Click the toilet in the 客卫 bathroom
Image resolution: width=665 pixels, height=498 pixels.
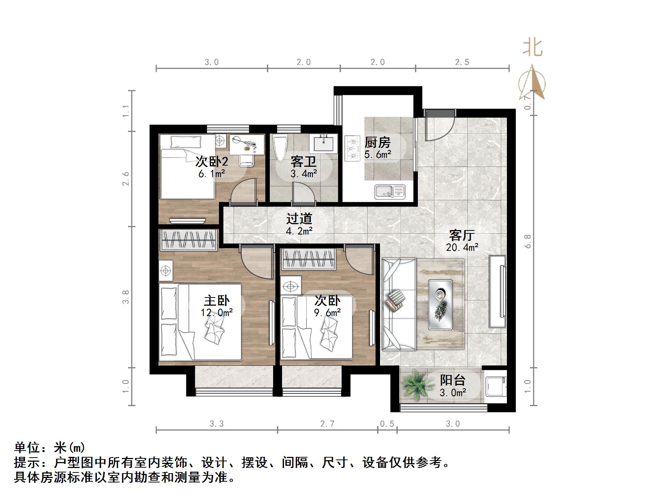(x=279, y=148)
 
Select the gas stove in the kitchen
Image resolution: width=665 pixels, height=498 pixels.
(x=353, y=149)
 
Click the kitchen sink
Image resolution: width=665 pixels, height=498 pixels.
(x=390, y=191)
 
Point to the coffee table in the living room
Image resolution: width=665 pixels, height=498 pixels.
(x=440, y=304)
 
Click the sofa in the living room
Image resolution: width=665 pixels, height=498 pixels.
(x=399, y=304)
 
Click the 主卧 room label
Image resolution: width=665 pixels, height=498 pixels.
(x=217, y=301)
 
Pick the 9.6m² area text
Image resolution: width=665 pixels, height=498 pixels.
(x=327, y=313)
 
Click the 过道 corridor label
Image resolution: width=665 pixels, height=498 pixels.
(x=299, y=219)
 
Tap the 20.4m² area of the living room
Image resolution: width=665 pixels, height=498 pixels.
(x=462, y=247)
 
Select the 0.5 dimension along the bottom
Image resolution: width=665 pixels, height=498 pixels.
(x=387, y=424)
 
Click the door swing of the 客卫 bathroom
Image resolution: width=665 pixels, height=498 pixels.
(x=304, y=193)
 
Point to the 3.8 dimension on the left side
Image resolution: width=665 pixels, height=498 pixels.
(x=126, y=297)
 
